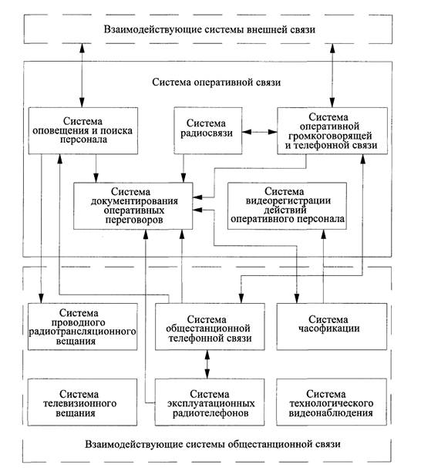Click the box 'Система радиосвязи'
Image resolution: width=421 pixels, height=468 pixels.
click(x=208, y=131)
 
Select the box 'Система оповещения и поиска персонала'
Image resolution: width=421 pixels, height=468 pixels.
click(x=83, y=131)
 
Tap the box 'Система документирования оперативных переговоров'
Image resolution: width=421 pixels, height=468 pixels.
click(x=133, y=206)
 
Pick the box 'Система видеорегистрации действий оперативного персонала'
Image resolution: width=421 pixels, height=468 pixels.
click(x=287, y=206)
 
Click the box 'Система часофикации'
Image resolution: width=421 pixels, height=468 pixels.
click(x=332, y=327)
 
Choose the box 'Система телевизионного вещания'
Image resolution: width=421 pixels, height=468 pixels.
click(x=83, y=402)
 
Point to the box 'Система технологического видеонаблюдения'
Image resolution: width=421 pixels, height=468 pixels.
click(x=332, y=402)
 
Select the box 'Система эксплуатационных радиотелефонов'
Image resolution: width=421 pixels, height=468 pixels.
click(x=210, y=402)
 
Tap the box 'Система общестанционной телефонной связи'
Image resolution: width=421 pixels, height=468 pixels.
click(x=210, y=327)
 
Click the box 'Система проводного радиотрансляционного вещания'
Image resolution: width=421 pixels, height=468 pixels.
click(x=83, y=327)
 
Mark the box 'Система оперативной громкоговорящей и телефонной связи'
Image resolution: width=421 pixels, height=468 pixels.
click(x=332, y=131)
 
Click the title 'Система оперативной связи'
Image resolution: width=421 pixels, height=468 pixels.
click(x=216, y=82)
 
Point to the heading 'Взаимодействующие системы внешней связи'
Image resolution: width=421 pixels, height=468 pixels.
click(x=210, y=29)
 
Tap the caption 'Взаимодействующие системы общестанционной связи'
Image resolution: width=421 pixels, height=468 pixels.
click(x=213, y=444)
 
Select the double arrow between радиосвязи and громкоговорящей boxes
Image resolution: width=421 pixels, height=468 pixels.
click(x=260, y=132)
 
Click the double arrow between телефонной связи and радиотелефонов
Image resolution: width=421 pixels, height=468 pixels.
click(x=207, y=365)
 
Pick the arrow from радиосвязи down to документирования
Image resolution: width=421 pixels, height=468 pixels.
click(x=184, y=168)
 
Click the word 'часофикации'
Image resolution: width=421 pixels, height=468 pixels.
click(x=329, y=328)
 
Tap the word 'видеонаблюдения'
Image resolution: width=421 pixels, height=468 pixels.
click(x=331, y=413)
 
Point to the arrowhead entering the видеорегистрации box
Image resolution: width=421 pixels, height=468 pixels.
click(x=323, y=234)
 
